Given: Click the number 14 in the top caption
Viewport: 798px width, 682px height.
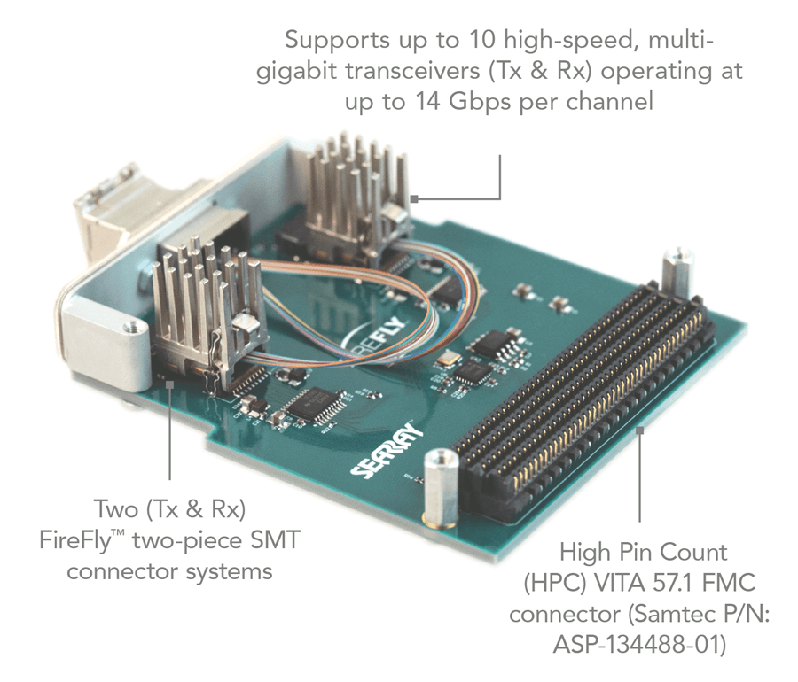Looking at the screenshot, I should pos(429,101).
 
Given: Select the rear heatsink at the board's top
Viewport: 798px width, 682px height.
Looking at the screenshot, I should pos(350,186).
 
